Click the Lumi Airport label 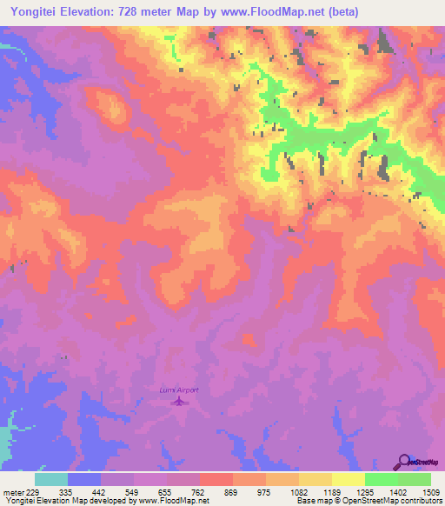179,390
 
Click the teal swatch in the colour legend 51,479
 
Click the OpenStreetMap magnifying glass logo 403,462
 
